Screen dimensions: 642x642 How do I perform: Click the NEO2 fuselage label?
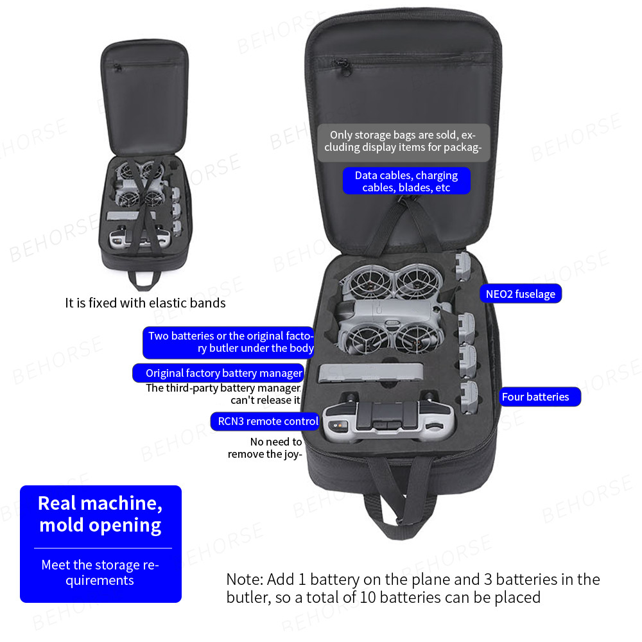(x=521, y=293)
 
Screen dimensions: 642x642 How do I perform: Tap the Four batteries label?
(x=540, y=397)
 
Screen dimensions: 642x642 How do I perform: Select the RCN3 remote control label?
(x=265, y=421)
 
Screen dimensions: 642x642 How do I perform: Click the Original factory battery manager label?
(x=219, y=373)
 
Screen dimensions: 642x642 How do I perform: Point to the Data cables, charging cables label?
(x=406, y=181)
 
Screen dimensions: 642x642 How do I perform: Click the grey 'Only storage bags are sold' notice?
(x=403, y=141)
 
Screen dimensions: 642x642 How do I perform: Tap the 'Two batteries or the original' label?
(x=229, y=342)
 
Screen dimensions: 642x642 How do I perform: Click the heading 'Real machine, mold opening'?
(x=100, y=514)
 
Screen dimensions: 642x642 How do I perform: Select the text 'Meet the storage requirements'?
(x=100, y=573)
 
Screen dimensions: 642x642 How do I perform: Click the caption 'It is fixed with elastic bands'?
(x=145, y=303)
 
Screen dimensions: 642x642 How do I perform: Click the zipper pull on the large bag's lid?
(x=343, y=67)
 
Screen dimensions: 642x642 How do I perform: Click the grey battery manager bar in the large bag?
(x=370, y=372)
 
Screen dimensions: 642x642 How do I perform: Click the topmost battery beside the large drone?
(x=463, y=266)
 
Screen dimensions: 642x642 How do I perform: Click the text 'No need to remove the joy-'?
(x=265, y=447)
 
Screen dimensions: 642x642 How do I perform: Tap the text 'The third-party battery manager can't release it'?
(x=223, y=394)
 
